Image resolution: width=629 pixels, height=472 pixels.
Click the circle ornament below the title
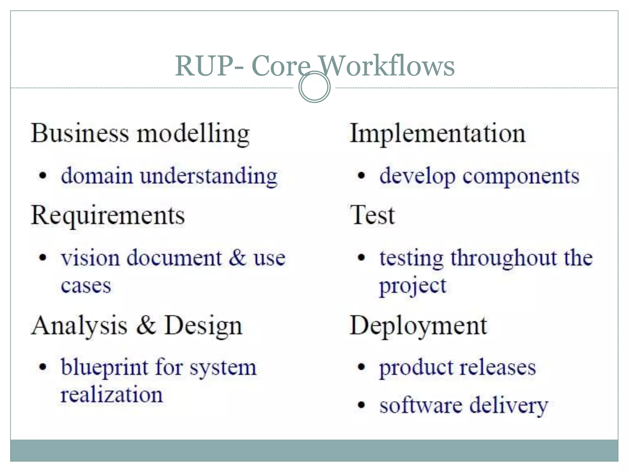[x=314, y=87]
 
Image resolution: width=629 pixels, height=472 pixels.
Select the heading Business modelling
[x=140, y=134]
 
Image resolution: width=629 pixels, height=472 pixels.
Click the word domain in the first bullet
[x=97, y=176]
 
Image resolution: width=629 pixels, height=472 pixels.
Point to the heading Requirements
[x=108, y=215]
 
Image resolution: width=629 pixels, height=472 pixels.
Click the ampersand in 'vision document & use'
[x=237, y=257]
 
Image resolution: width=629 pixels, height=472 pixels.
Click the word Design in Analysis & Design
[x=203, y=326]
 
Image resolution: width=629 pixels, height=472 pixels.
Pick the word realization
[x=111, y=395]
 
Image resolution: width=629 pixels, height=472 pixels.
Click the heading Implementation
[x=438, y=134]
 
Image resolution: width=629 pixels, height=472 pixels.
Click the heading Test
[x=372, y=215]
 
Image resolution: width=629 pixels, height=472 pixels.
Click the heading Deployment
[x=418, y=326]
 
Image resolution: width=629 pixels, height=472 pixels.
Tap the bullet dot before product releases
[x=361, y=367]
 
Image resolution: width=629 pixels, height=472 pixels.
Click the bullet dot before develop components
[x=361, y=176]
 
